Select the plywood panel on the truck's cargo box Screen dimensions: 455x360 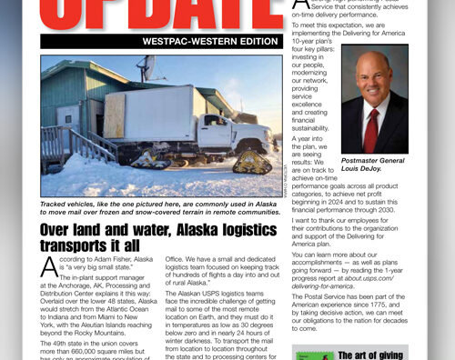click(115, 117)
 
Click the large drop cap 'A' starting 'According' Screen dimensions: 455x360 click(50, 268)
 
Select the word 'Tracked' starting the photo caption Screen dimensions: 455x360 click(56, 205)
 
